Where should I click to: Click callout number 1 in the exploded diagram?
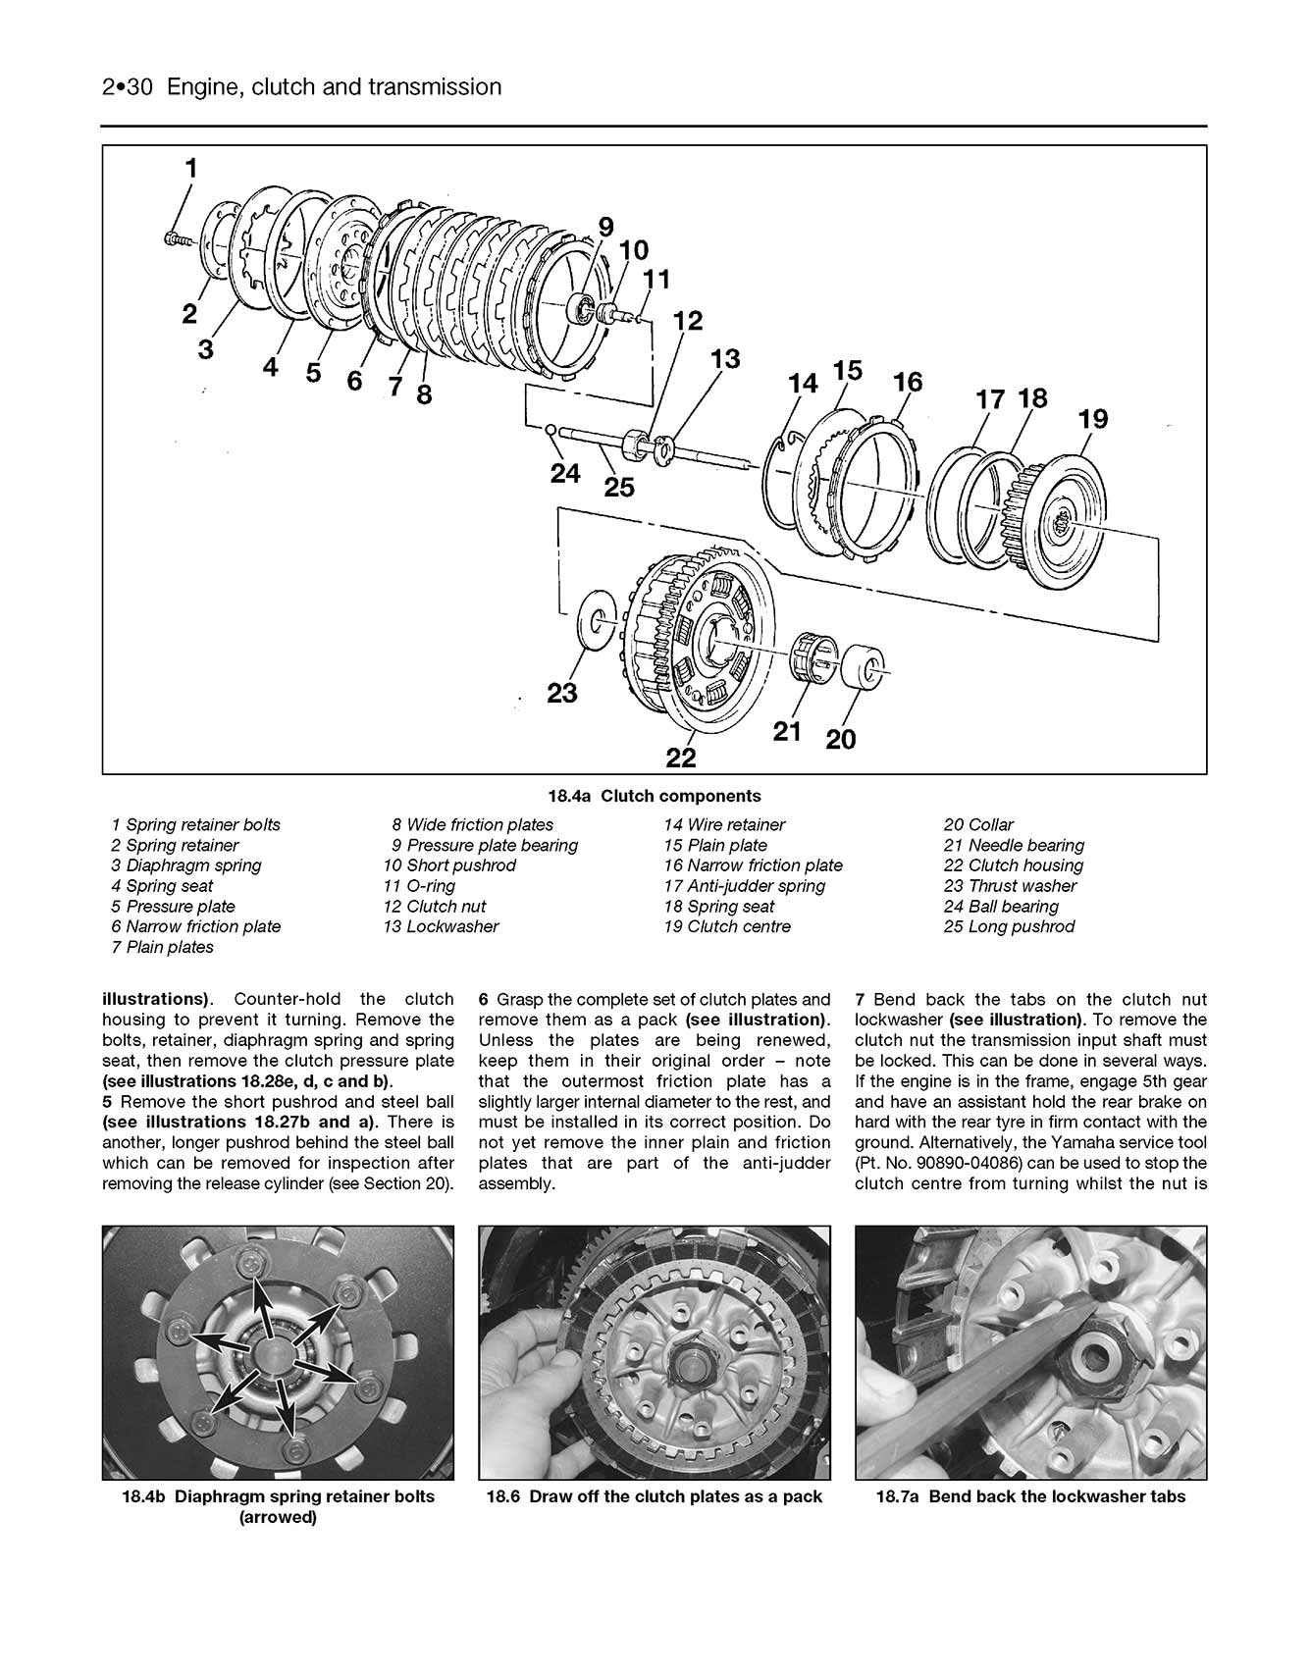click(191, 168)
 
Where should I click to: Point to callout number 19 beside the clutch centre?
click(1092, 419)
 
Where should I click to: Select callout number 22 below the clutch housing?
click(681, 758)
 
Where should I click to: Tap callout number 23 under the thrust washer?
click(562, 693)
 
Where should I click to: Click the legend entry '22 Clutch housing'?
click(1014, 865)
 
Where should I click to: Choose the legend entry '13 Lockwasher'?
click(441, 926)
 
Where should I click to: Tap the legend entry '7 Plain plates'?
click(163, 947)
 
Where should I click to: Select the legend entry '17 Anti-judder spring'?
click(745, 886)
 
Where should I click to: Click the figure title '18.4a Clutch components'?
click(655, 796)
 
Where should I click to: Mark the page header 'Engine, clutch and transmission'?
click(334, 87)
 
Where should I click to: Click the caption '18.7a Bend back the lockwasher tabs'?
click(1030, 1496)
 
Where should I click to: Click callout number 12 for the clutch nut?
click(688, 321)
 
